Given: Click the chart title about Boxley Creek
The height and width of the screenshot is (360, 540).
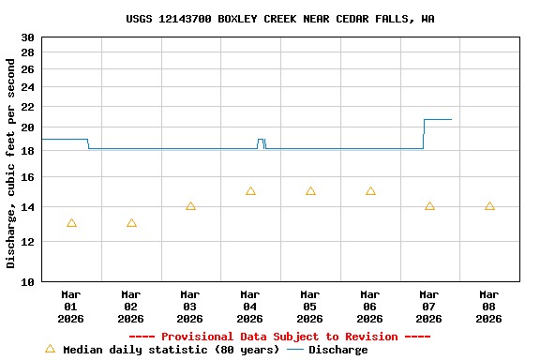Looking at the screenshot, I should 280,19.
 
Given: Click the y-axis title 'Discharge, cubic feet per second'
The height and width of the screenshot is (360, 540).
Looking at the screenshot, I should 11,163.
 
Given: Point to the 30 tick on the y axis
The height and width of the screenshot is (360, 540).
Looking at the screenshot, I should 27,37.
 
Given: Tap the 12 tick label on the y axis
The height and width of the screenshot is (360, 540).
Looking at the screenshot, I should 27,242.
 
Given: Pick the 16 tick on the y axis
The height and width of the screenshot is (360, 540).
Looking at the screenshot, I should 27,177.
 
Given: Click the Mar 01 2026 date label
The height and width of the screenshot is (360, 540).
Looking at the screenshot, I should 71,306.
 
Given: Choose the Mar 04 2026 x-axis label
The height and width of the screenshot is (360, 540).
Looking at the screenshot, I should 250,306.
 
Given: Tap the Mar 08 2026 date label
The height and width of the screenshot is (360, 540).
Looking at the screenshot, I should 489,306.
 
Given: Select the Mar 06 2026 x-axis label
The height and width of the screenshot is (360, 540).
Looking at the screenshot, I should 370,306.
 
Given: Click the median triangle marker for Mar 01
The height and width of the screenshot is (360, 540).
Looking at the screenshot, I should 71,223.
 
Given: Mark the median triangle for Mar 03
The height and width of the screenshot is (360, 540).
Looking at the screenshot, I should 190,206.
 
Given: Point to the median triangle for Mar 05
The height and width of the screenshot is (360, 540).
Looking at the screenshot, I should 310,191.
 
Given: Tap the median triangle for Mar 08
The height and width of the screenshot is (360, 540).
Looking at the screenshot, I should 489,206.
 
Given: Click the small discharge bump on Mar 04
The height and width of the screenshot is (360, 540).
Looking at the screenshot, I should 261,140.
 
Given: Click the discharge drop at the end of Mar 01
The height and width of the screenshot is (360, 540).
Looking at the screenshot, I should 88,143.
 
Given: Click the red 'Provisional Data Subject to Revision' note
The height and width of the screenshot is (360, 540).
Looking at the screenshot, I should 279,337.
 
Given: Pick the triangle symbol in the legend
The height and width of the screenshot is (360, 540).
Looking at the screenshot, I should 51,349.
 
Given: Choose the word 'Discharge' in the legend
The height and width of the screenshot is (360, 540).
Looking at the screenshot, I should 338,350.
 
